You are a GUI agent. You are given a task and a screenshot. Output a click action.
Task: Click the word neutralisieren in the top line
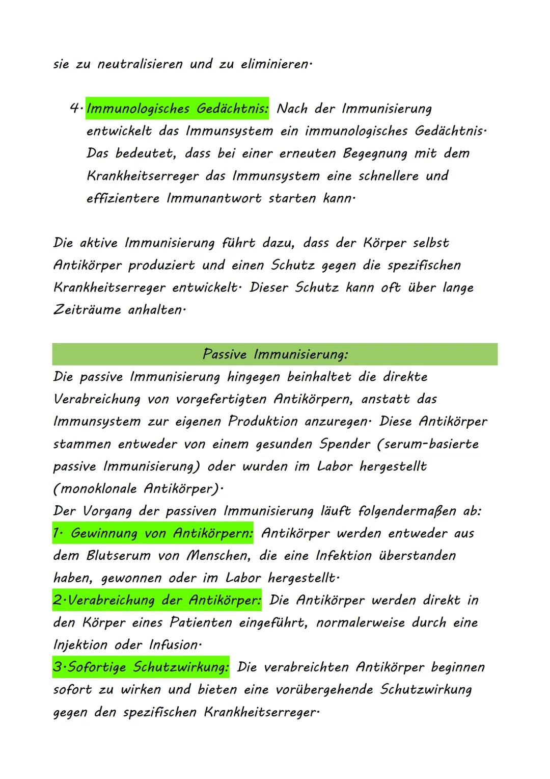tap(140, 65)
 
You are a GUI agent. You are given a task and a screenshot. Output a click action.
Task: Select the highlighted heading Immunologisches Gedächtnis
tap(177, 109)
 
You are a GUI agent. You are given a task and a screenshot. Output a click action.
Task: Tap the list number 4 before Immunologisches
tap(75, 109)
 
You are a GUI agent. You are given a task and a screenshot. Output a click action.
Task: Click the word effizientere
tap(122, 198)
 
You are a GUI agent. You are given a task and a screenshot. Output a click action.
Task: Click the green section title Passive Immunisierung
tap(275, 354)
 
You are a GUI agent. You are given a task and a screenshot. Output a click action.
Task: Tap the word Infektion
tap(344, 556)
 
